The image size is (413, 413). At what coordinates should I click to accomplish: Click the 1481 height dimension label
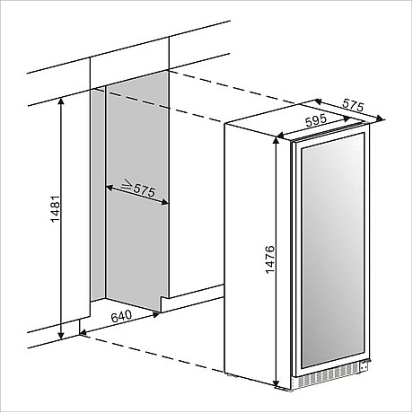(x=56, y=209)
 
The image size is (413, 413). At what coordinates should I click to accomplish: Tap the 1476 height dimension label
(x=269, y=259)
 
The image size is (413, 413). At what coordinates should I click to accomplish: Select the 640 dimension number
(x=121, y=316)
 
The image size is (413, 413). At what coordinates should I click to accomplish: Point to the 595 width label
(x=316, y=120)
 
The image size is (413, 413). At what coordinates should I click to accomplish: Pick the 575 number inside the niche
(x=145, y=190)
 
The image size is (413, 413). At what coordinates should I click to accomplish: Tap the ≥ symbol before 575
(x=127, y=185)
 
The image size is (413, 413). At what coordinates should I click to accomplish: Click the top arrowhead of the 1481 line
(x=61, y=101)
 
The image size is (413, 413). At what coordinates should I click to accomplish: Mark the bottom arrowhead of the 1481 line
(x=61, y=335)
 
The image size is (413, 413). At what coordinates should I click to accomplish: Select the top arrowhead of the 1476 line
(x=277, y=142)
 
